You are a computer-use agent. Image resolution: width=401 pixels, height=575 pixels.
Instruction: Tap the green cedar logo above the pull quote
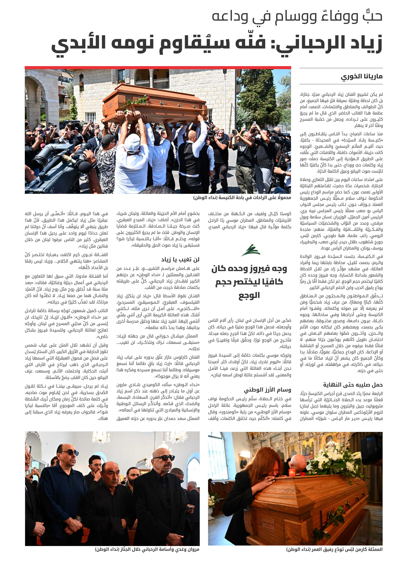pos(251,250)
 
